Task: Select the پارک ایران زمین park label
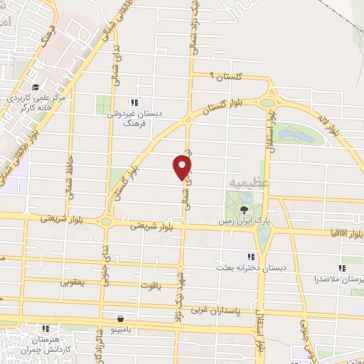tap(245, 222)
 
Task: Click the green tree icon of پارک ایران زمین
tap(245, 209)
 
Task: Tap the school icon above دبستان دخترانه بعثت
tap(250, 257)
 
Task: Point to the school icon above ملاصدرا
tap(342, 269)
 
